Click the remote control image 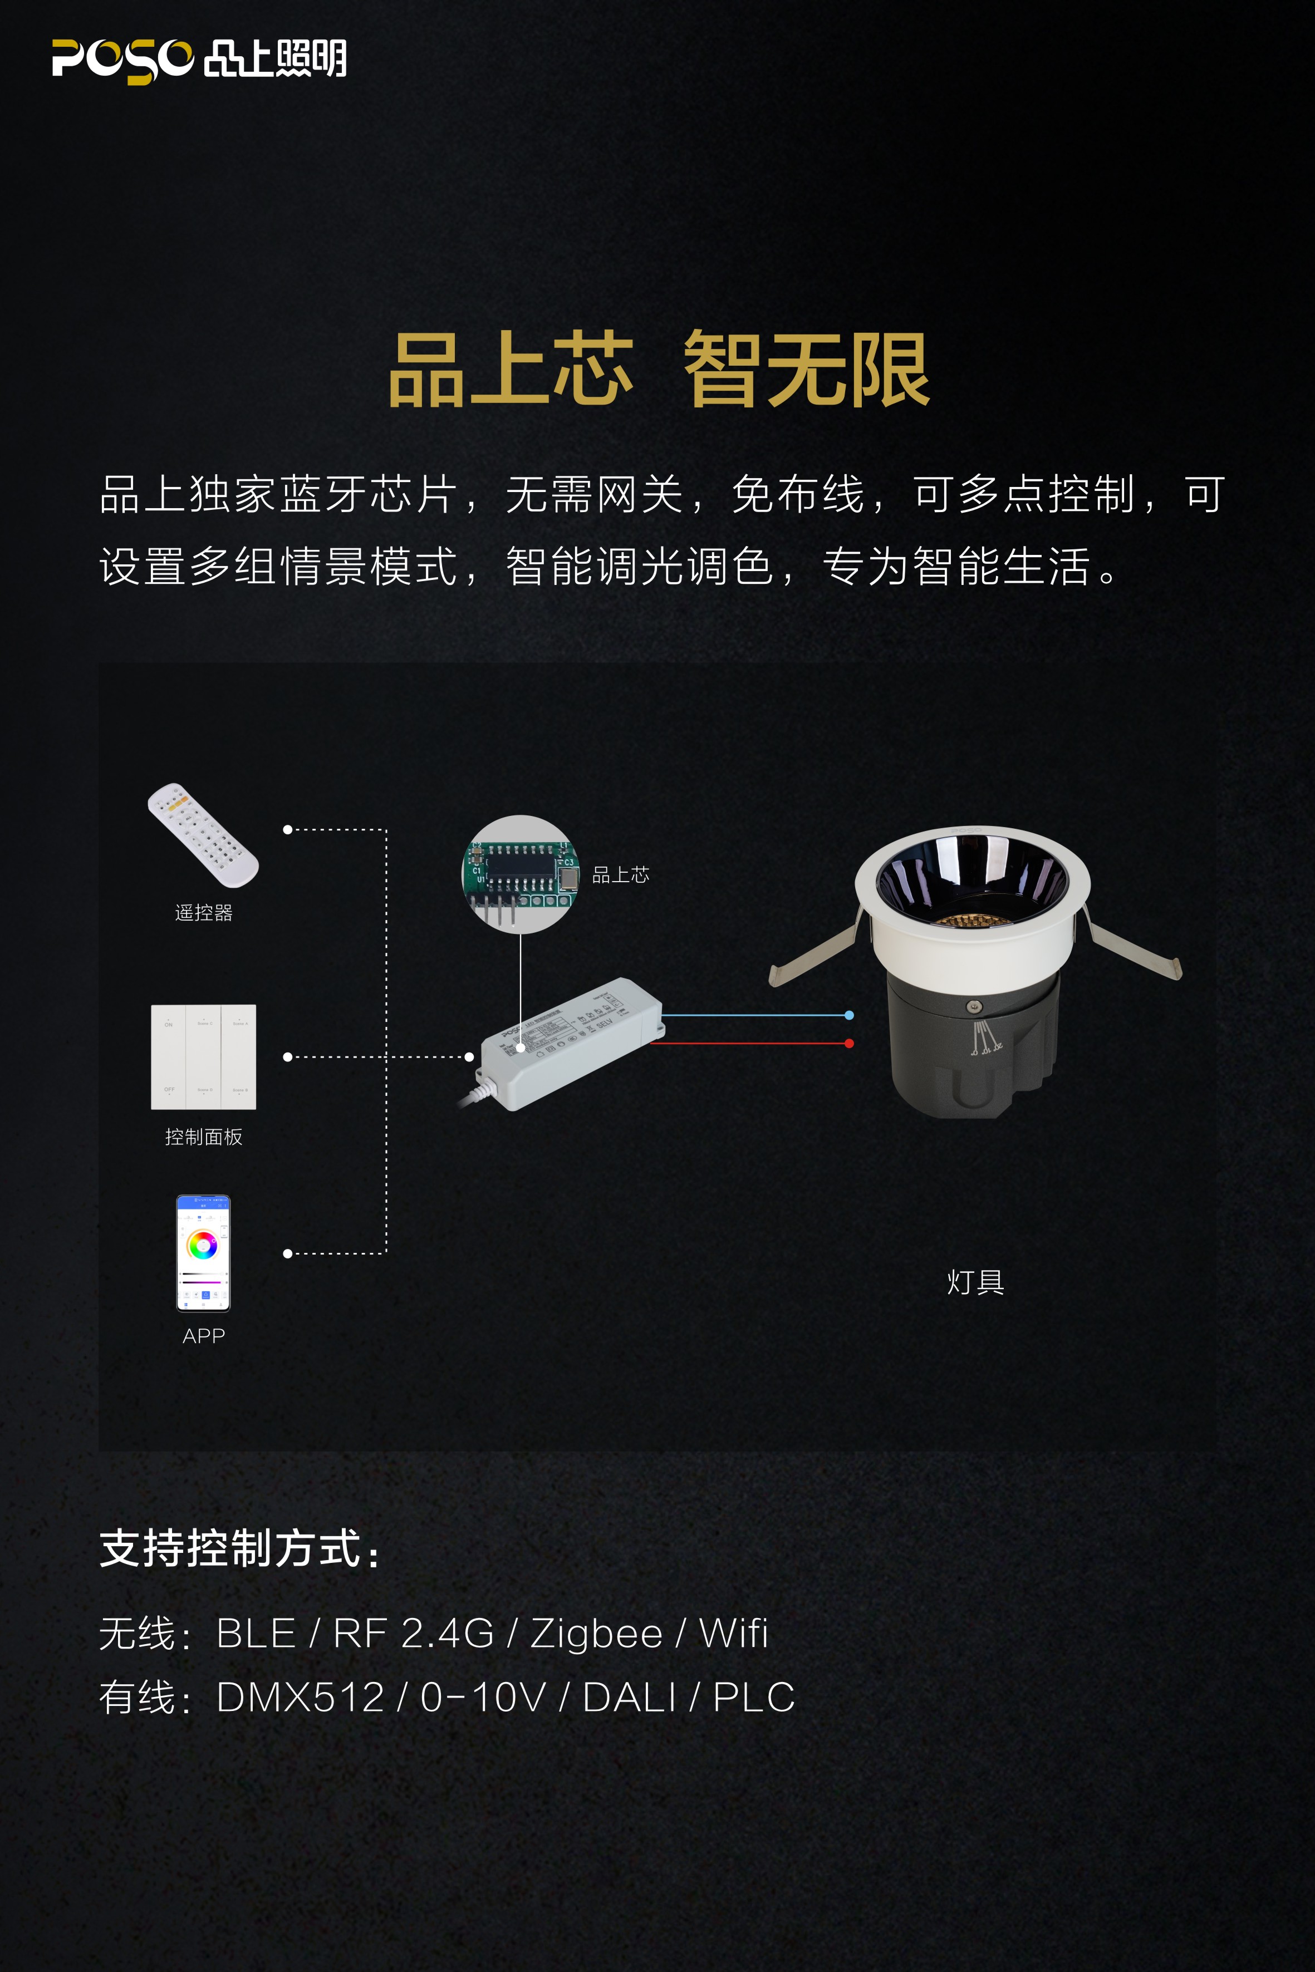(203, 834)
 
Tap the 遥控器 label (203, 912)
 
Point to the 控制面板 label (204, 1137)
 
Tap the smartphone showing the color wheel (203, 1253)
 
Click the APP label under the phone (203, 1336)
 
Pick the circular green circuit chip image (520, 874)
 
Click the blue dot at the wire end (850, 1015)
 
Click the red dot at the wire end (850, 1044)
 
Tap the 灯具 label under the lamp (975, 1282)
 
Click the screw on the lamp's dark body (974, 1006)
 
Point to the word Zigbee (596, 1633)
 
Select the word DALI (629, 1698)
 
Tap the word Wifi (734, 1633)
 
